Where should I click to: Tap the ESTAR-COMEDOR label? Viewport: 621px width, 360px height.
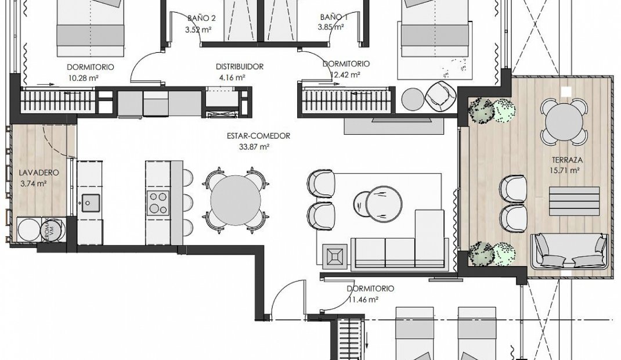click(258, 136)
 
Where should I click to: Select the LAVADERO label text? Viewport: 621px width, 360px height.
click(33, 173)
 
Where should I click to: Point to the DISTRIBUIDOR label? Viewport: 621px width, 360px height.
click(240, 66)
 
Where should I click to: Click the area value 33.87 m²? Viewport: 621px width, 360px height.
click(254, 147)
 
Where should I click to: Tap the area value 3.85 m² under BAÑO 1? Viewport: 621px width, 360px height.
click(333, 27)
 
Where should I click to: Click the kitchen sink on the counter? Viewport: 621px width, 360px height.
click(90, 202)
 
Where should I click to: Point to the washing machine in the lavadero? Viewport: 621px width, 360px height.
click(28, 230)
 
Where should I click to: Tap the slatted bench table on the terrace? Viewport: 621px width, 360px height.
click(566, 201)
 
